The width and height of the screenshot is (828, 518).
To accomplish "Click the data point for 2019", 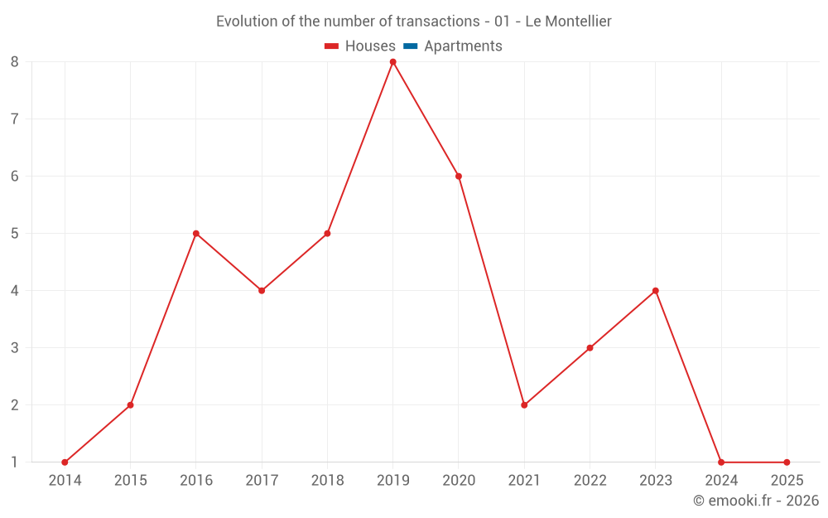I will point(392,61).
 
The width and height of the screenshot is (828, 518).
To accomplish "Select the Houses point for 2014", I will point(65,462).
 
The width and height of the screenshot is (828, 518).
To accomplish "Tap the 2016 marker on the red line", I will point(196,234).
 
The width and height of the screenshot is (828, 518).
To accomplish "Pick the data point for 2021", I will point(524,405).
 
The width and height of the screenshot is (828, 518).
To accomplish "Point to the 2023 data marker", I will point(655,291).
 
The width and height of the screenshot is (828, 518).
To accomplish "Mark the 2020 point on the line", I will point(459,177).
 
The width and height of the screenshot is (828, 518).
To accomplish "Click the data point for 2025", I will point(787,462).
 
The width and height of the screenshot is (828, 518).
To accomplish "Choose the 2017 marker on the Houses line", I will point(262,291).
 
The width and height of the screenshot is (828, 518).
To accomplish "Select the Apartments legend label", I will point(463,46).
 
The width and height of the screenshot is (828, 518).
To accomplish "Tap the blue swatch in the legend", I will point(411,46).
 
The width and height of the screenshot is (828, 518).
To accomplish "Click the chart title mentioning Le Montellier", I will point(414,22).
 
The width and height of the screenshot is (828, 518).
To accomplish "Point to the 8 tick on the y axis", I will point(15,61).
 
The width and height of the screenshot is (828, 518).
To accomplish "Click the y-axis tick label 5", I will point(15,234).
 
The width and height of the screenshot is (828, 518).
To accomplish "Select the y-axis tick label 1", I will point(15,462).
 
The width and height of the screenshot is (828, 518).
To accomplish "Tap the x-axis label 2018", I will point(327,481).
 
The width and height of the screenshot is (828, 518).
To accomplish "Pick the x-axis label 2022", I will point(590,481).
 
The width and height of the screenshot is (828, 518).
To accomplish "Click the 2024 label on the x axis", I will point(721,481).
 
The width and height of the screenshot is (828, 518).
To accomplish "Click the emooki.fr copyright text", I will point(756,501).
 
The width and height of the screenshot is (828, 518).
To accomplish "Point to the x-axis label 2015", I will point(130,481).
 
